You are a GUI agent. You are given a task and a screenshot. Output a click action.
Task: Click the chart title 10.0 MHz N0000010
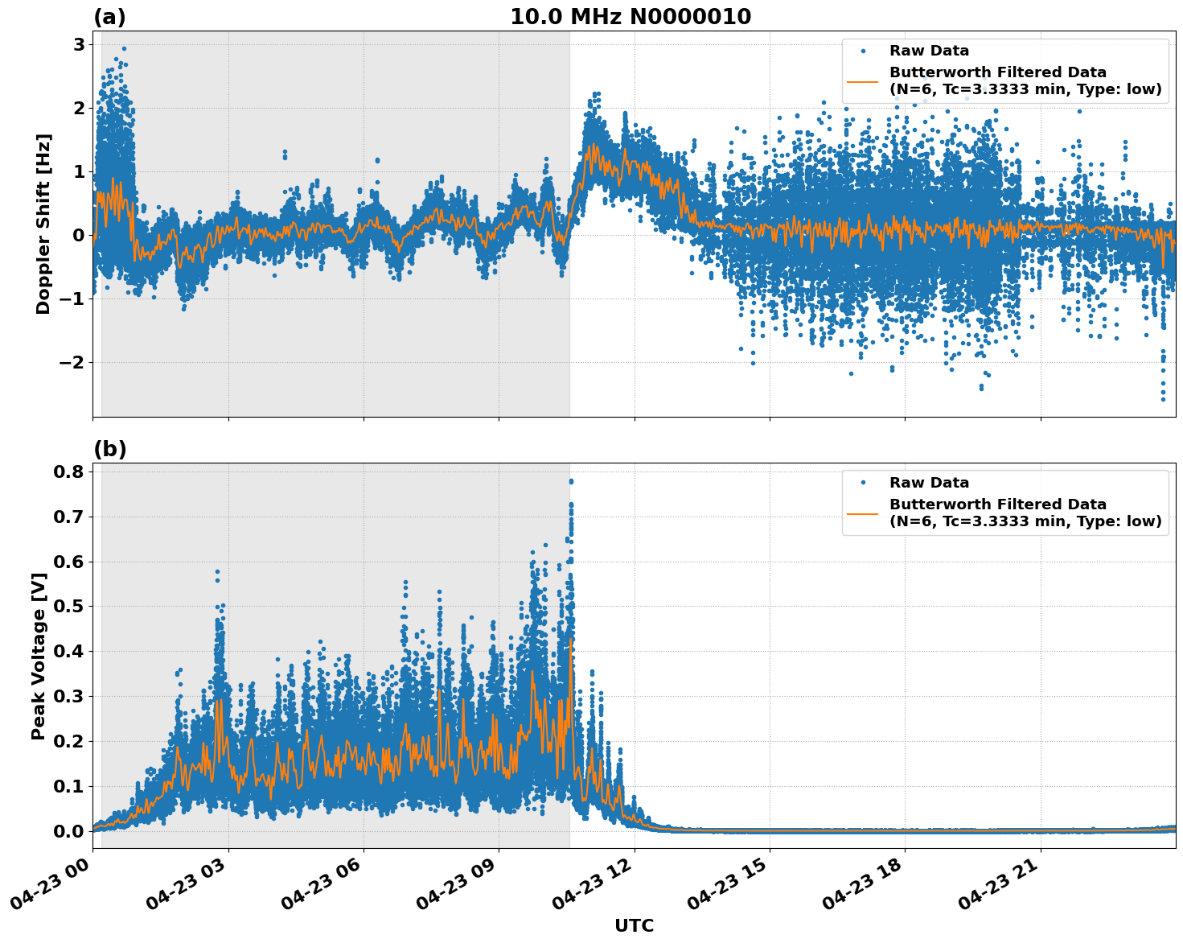(x=631, y=17)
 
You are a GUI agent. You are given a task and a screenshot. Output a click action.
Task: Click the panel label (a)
(x=109, y=17)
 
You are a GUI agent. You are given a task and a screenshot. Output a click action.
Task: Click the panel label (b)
(x=109, y=449)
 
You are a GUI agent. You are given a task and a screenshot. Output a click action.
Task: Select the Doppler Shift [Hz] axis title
(x=43, y=224)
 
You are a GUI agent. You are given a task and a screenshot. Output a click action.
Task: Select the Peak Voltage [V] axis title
(x=39, y=656)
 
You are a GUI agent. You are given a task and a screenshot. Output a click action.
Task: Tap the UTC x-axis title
(x=634, y=925)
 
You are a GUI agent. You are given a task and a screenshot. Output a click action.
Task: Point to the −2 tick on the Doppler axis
(x=72, y=362)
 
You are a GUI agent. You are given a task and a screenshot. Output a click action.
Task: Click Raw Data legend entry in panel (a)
(x=929, y=51)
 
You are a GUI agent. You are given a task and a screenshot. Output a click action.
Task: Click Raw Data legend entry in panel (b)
(x=929, y=483)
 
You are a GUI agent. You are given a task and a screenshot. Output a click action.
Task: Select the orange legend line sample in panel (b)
(x=863, y=513)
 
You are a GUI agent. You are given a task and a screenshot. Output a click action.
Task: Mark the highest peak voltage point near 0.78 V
(x=571, y=481)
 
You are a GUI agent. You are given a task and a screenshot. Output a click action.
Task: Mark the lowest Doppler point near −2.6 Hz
(x=1163, y=399)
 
